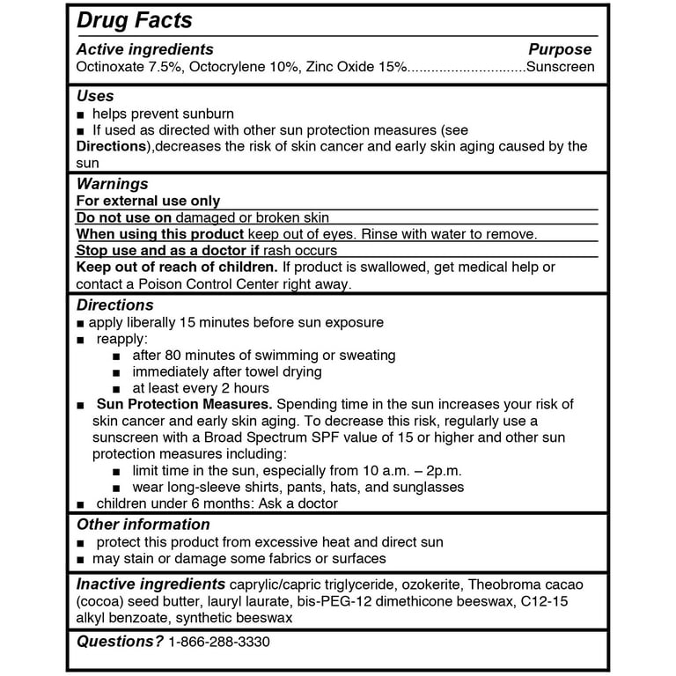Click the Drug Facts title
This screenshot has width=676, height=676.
pyautogui.click(x=134, y=20)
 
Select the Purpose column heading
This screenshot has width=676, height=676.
pyautogui.click(x=560, y=49)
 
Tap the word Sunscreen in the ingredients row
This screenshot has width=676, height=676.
pyautogui.click(x=560, y=66)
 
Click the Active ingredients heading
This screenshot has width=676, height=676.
pyautogui.click(x=144, y=49)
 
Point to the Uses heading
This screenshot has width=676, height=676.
pyautogui.click(x=95, y=96)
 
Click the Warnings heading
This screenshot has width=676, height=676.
pyautogui.click(x=112, y=184)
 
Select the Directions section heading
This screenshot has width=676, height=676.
pyautogui.click(x=114, y=305)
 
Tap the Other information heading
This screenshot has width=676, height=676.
pyautogui.click(x=143, y=525)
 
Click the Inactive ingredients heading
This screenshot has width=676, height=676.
pyautogui.click(x=151, y=584)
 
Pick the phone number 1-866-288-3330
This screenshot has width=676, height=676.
pyautogui.click(x=218, y=642)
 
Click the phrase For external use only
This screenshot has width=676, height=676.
pyautogui.click(x=148, y=201)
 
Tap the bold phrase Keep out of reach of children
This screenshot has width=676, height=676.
pyautogui.click(x=177, y=267)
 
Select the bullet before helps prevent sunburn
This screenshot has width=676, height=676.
pyautogui.click(x=81, y=114)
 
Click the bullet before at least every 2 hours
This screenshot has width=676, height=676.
pyautogui.click(x=117, y=389)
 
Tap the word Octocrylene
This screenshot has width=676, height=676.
pyautogui.click(x=226, y=66)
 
